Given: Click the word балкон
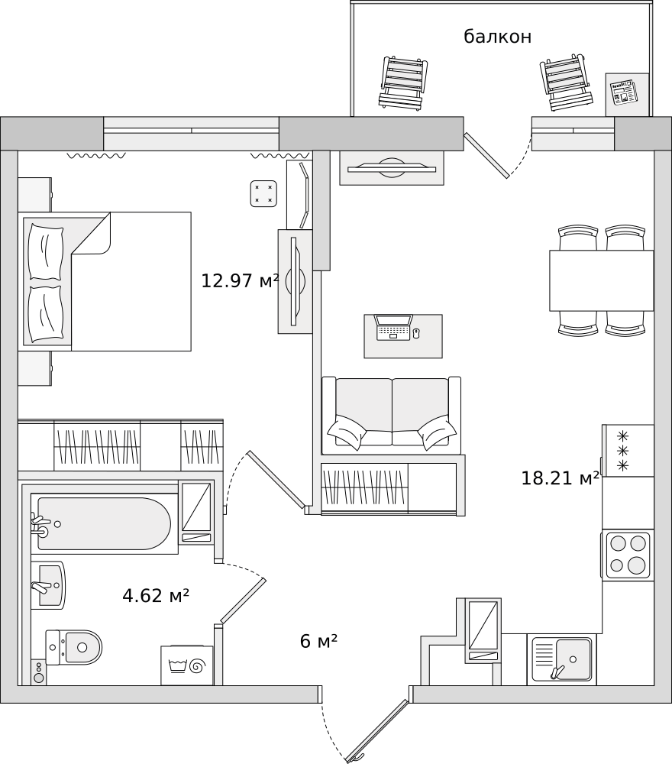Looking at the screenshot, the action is pyautogui.click(x=497, y=37).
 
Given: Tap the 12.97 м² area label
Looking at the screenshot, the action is pyautogui.click(x=240, y=280).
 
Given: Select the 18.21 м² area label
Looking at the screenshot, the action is pyautogui.click(x=560, y=478).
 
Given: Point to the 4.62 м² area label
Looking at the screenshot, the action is pyautogui.click(x=155, y=595).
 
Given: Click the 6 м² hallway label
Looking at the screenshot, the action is pyautogui.click(x=319, y=641).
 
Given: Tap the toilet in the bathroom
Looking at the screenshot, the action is pyautogui.click(x=74, y=648).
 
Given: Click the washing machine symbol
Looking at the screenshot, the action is pyautogui.click(x=187, y=665).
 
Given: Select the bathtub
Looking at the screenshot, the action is pyautogui.click(x=104, y=524).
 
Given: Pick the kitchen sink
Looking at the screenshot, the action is pyautogui.click(x=562, y=659).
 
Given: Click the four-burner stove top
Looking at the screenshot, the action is pyautogui.click(x=628, y=555).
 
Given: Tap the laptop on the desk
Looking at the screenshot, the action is pyautogui.click(x=393, y=327).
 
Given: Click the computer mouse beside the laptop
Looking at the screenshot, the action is pyautogui.click(x=416, y=333).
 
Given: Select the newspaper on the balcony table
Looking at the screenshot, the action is pyautogui.click(x=625, y=92).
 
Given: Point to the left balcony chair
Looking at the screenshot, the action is pyautogui.click(x=402, y=83).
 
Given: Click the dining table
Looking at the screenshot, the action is pyautogui.click(x=602, y=280).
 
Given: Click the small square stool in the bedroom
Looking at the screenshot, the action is pyautogui.click(x=263, y=193).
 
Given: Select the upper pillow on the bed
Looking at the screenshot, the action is pyautogui.click(x=46, y=251).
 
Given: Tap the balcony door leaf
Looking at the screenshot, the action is pyautogui.click(x=486, y=155).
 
